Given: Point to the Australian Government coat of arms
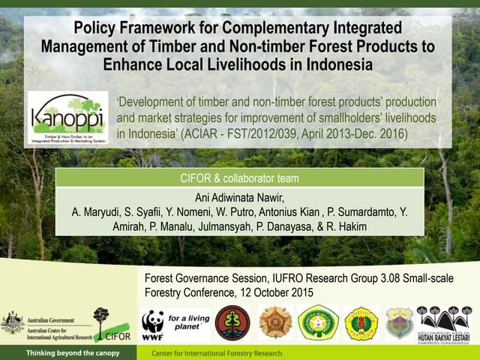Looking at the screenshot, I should click(x=12, y=322).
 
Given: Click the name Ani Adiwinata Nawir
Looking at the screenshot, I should click(x=239, y=198).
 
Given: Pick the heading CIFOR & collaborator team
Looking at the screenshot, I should click(x=240, y=178).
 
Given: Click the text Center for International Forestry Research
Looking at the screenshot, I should click(x=217, y=352).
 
